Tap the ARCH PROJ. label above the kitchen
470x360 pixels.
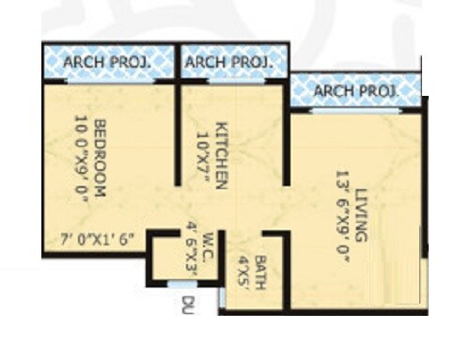tap(229, 63)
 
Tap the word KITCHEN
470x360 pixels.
tap(222, 156)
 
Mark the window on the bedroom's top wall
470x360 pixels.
tap(101, 81)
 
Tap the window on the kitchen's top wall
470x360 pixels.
tap(230, 81)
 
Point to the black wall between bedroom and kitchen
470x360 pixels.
tap(176, 132)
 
